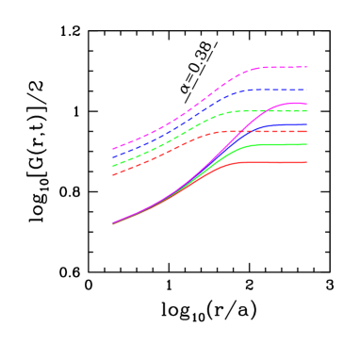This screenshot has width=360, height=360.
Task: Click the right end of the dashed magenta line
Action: [306, 67]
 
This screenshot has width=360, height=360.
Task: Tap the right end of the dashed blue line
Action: [306, 90]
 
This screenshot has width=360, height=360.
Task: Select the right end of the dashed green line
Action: [306, 111]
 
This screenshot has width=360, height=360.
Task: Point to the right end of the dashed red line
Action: [306, 131]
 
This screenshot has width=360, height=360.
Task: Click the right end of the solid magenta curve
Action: [306, 104]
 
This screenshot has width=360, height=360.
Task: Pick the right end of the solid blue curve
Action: [306, 124]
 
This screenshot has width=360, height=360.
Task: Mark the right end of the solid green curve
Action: [306, 144]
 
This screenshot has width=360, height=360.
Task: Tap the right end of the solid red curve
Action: [306, 162]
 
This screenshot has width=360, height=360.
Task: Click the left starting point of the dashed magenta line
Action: [113, 149]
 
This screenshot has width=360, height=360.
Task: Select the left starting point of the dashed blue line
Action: [113, 157]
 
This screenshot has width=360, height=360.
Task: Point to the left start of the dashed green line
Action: [113, 167]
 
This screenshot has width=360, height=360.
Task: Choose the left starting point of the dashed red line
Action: [113, 175]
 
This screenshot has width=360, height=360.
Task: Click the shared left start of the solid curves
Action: [113, 224]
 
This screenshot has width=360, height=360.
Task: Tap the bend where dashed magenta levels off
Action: [256, 69]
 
